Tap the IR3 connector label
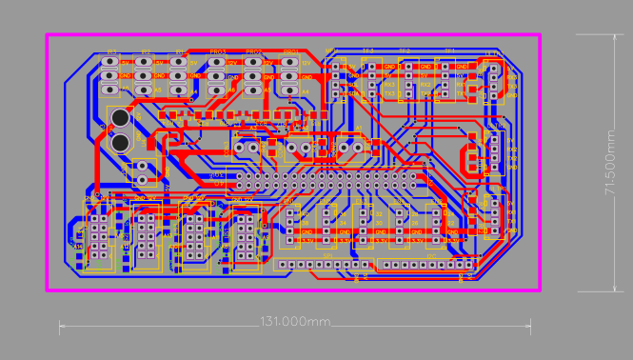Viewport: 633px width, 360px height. (x=111, y=51)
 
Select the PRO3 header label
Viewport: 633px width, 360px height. (x=218, y=51)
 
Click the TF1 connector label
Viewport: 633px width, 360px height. (x=450, y=50)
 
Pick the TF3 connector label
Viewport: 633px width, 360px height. (x=367, y=50)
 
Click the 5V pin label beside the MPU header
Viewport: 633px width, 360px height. (x=511, y=68)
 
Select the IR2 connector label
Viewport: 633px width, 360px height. (x=146, y=51)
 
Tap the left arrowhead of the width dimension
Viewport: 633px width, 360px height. (x=61, y=328)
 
